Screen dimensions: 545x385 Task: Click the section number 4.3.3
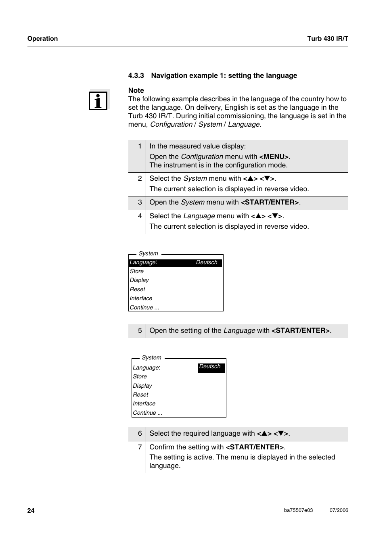tap(136, 75)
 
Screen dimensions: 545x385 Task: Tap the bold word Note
tap(136, 90)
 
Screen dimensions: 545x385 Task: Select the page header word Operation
tap(42, 39)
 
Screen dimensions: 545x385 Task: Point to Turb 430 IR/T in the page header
tap(327, 39)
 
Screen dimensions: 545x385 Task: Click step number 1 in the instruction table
tap(140, 146)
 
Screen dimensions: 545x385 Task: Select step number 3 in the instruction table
tap(140, 203)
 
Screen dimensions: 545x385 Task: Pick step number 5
tap(140, 331)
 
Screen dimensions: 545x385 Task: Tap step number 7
tap(140, 447)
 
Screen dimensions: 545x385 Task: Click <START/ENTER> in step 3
tap(270, 203)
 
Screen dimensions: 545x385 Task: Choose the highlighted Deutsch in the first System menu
tap(207, 263)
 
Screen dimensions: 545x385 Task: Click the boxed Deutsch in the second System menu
tap(210, 367)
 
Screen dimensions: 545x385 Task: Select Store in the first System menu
tap(137, 271)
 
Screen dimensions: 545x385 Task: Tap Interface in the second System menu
tap(144, 404)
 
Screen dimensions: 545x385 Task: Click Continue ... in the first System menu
tap(144, 308)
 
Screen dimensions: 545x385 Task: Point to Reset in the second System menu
tap(140, 395)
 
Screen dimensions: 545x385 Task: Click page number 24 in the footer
tap(31, 511)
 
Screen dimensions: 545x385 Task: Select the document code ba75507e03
tap(298, 510)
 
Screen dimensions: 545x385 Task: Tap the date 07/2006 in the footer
tap(339, 510)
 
